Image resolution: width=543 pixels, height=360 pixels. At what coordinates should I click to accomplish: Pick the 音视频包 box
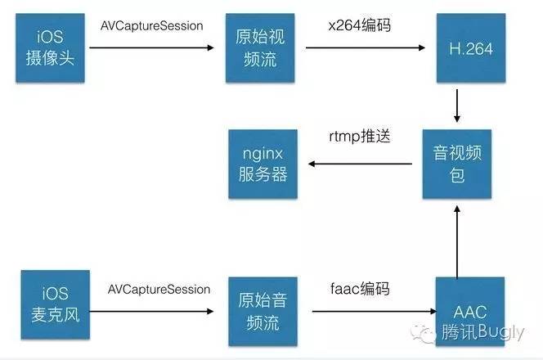click(x=456, y=164)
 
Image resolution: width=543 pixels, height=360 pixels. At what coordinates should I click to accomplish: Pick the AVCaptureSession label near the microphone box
click(x=158, y=290)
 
